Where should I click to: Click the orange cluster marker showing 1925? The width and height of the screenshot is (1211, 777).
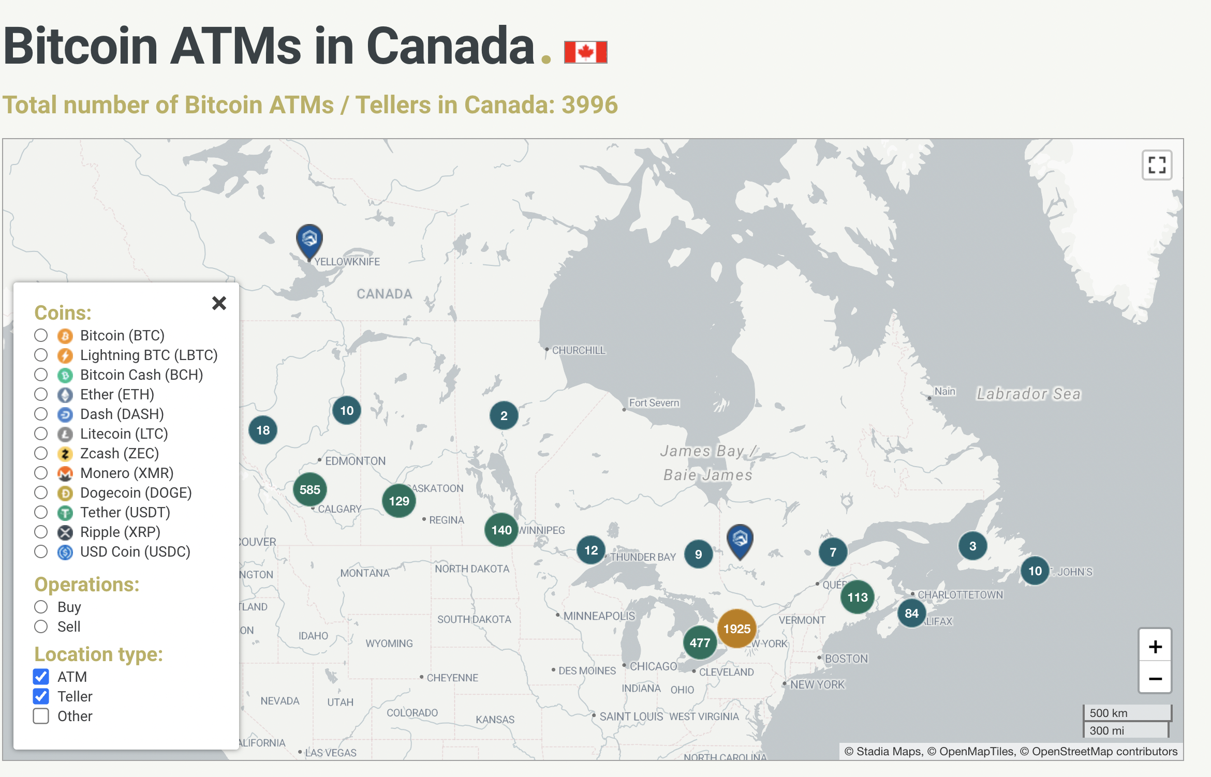tap(736, 629)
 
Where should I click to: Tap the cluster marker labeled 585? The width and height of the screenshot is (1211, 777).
tap(309, 489)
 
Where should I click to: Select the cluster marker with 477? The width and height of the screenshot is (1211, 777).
tap(700, 642)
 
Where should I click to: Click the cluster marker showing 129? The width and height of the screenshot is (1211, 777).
tap(398, 501)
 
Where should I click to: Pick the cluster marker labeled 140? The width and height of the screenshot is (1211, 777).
tap(501, 530)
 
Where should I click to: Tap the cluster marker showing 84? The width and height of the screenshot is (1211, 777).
tap(911, 613)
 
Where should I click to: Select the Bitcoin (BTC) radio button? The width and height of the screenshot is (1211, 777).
tap(41, 335)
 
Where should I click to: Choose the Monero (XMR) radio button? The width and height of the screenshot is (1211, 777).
tap(41, 473)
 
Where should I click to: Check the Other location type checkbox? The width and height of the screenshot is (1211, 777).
tap(41, 716)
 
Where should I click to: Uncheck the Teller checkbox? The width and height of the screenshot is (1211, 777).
tap(41, 696)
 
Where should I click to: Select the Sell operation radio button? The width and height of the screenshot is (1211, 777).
tap(41, 626)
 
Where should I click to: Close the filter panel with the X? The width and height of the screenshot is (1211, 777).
tap(219, 303)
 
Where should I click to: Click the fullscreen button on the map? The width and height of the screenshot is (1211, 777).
tap(1157, 166)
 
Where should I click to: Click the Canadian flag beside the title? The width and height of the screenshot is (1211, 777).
tap(585, 52)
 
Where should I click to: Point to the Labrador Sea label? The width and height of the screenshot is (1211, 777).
tap(1028, 394)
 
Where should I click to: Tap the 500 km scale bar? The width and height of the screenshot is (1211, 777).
tap(1127, 713)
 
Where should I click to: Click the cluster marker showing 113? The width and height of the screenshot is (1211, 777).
tap(857, 597)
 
